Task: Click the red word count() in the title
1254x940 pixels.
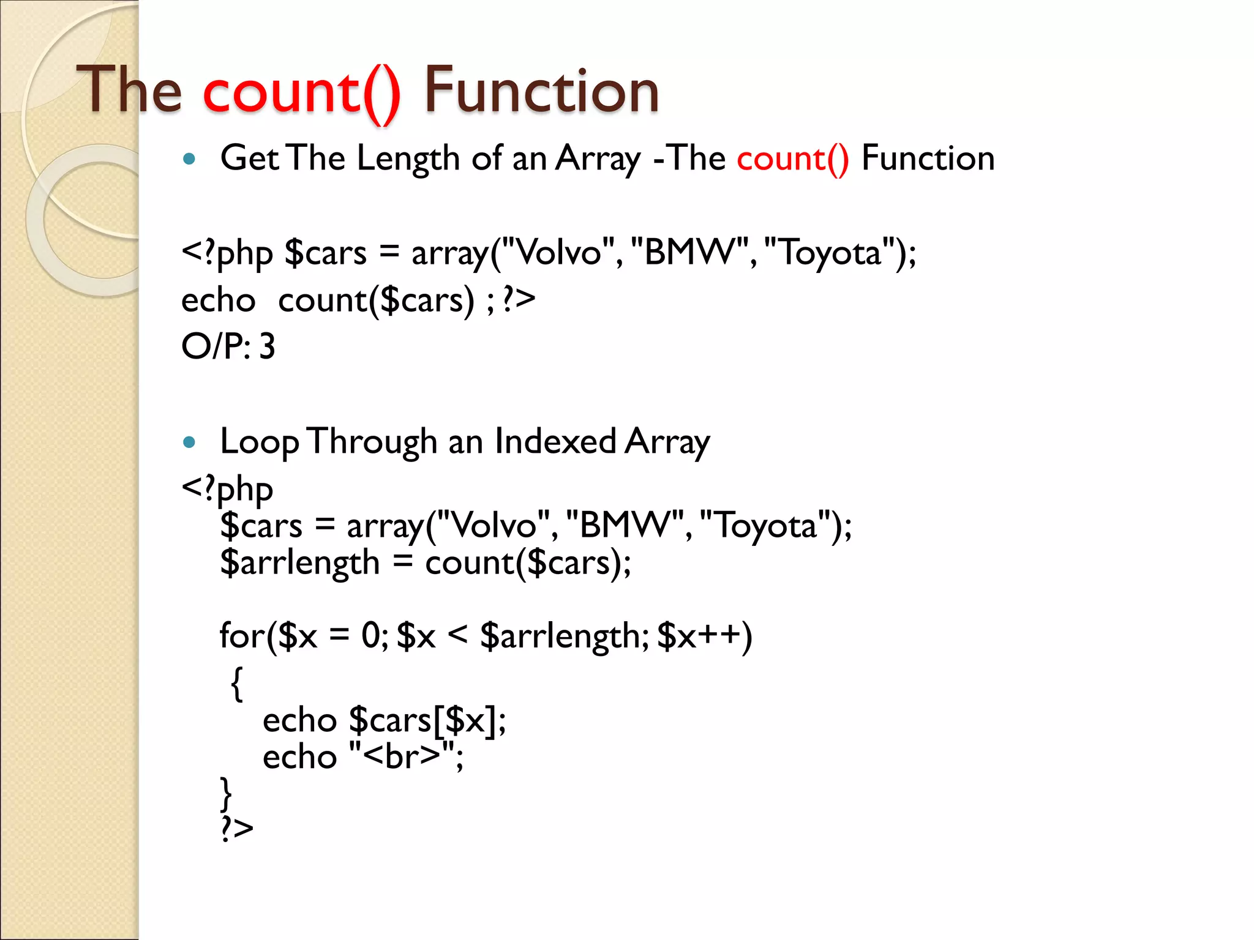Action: point(301,92)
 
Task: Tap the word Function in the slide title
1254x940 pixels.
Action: point(541,92)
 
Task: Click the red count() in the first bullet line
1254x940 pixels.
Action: point(792,159)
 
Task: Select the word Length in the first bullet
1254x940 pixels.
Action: point(408,159)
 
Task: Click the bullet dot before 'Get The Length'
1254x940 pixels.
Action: point(189,160)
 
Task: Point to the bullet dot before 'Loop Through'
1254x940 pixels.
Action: point(189,442)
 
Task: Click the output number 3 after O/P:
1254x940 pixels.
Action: point(267,346)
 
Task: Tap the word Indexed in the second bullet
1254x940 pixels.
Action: point(555,442)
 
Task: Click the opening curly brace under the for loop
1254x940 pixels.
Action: point(237,683)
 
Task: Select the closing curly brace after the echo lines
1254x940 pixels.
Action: point(226,794)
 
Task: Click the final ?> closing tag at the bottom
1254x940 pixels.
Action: point(237,828)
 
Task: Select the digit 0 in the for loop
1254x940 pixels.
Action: point(371,636)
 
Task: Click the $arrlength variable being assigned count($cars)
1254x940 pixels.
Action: point(300,563)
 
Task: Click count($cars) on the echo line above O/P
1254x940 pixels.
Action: point(376,300)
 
